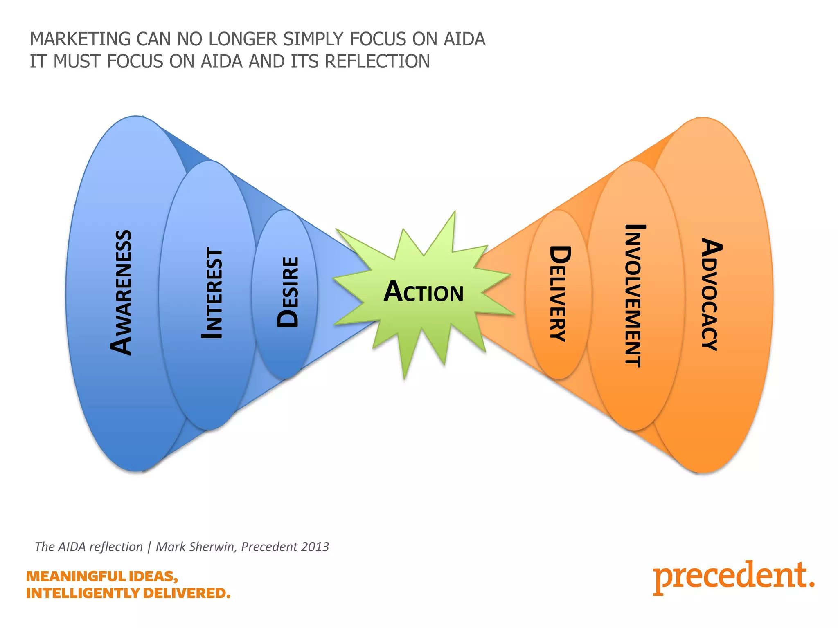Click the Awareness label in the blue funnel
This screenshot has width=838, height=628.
[x=121, y=293]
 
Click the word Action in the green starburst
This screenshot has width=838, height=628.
[x=424, y=292]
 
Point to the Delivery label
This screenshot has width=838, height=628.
[x=559, y=293]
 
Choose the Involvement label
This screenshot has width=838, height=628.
[x=635, y=296]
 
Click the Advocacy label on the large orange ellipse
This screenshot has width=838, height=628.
[x=712, y=294]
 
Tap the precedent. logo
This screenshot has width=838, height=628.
[x=733, y=577]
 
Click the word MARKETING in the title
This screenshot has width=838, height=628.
[x=80, y=39]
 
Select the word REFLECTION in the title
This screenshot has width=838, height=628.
[x=377, y=62]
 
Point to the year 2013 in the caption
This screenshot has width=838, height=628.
[x=315, y=547]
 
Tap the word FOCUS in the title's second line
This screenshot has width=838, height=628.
[x=135, y=62]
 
